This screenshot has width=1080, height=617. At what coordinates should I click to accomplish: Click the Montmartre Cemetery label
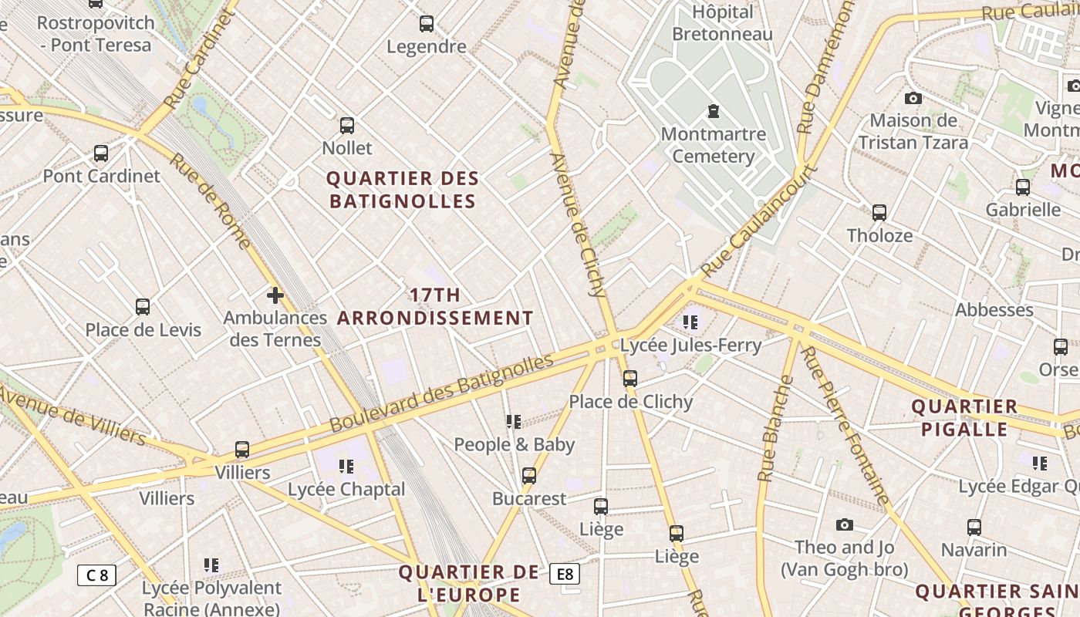pyautogui.click(x=713, y=145)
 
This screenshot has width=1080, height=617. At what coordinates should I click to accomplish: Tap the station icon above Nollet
pyautogui.click(x=347, y=125)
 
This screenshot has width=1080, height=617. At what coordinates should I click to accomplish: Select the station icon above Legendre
pyautogui.click(x=427, y=24)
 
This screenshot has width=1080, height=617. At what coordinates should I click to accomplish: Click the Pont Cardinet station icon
pyautogui.click(x=101, y=153)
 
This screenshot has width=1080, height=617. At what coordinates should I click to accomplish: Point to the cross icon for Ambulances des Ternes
pyautogui.click(x=275, y=295)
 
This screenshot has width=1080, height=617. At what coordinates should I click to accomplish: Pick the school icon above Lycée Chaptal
pyautogui.click(x=346, y=466)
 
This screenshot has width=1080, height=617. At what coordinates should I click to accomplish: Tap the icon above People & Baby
pyautogui.click(x=514, y=421)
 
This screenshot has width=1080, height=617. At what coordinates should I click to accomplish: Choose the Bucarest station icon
pyautogui.click(x=529, y=476)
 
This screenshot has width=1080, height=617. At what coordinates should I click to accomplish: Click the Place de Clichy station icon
pyautogui.click(x=630, y=379)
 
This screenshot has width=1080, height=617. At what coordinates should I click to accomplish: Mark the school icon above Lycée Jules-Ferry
pyautogui.click(x=690, y=322)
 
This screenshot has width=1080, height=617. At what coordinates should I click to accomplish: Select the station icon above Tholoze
pyautogui.click(x=879, y=213)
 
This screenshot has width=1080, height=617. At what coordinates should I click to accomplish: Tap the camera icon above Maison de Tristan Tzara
pyautogui.click(x=913, y=98)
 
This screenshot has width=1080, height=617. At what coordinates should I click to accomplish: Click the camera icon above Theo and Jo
pyautogui.click(x=845, y=524)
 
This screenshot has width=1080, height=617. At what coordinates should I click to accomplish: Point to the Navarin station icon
pyautogui.click(x=974, y=528)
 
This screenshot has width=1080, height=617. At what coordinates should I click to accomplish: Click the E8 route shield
pyautogui.click(x=565, y=574)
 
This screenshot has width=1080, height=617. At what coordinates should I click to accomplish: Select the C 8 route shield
pyautogui.click(x=96, y=575)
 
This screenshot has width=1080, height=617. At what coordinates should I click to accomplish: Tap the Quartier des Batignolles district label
pyautogui.click(x=402, y=190)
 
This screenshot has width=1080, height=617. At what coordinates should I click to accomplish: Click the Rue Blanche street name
pyautogui.click(x=775, y=428)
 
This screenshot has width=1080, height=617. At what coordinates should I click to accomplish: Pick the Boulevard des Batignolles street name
pyautogui.click(x=442, y=393)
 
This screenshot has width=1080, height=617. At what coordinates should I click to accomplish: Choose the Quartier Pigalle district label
pyautogui.click(x=964, y=418)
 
